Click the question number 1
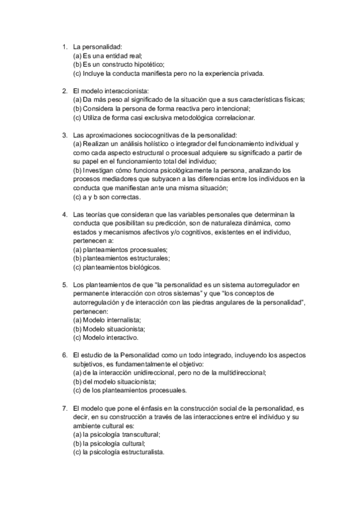[x=64, y=46]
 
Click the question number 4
[x=64, y=214]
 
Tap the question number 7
[x=64, y=407]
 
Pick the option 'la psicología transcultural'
[x=117, y=434]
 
